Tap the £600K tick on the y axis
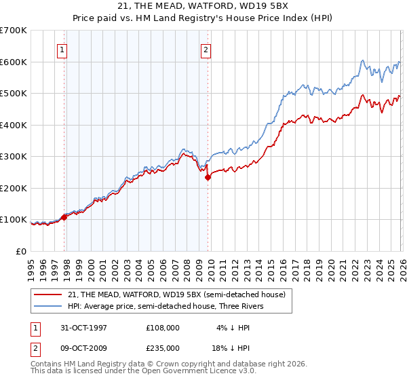click(x=14, y=62)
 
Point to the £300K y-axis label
click(x=14, y=157)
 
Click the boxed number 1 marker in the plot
click(x=62, y=49)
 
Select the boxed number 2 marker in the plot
click(x=205, y=49)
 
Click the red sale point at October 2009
click(x=208, y=177)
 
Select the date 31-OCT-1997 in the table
click(x=84, y=327)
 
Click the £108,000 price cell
click(x=162, y=327)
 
